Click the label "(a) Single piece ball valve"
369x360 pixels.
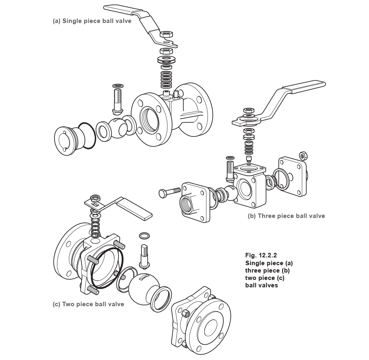pyautogui.click(x=92, y=21)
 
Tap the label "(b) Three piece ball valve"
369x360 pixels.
pyautogui.click(x=287, y=216)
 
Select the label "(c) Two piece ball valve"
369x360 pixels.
pyautogui.click(x=89, y=304)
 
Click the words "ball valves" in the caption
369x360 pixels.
pyautogui.click(x=262, y=285)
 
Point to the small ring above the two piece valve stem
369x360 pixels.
pyautogui.click(x=144, y=236)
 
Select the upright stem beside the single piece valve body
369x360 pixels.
pyautogui.click(x=117, y=100)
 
